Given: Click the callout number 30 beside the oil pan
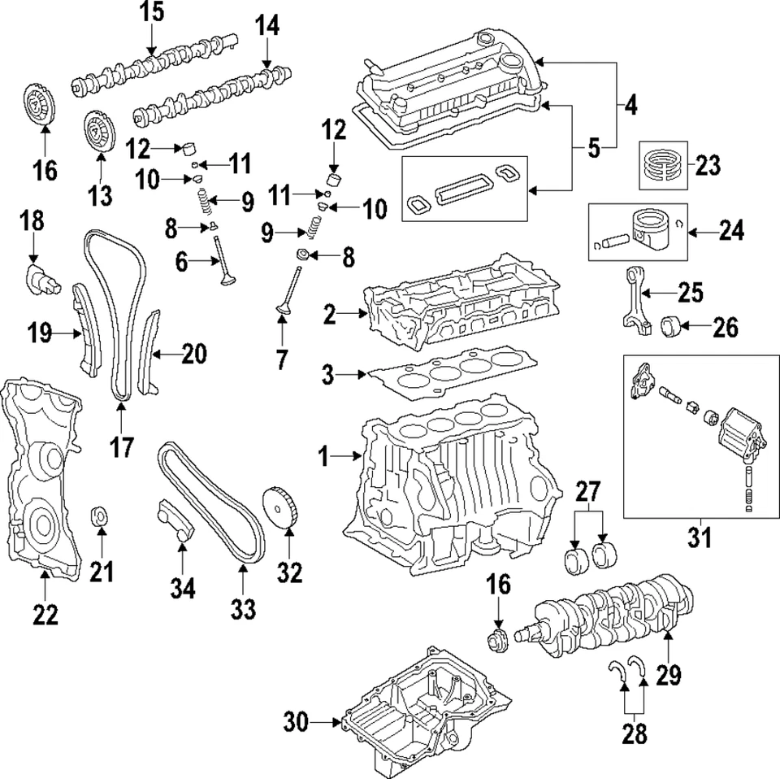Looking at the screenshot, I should click(298, 720).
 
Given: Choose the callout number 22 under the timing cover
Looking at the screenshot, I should click(45, 615).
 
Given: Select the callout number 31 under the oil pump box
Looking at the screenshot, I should click(700, 537).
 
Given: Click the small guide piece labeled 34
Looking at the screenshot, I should click(175, 520).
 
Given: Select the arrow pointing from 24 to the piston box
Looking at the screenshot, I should click(703, 233).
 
